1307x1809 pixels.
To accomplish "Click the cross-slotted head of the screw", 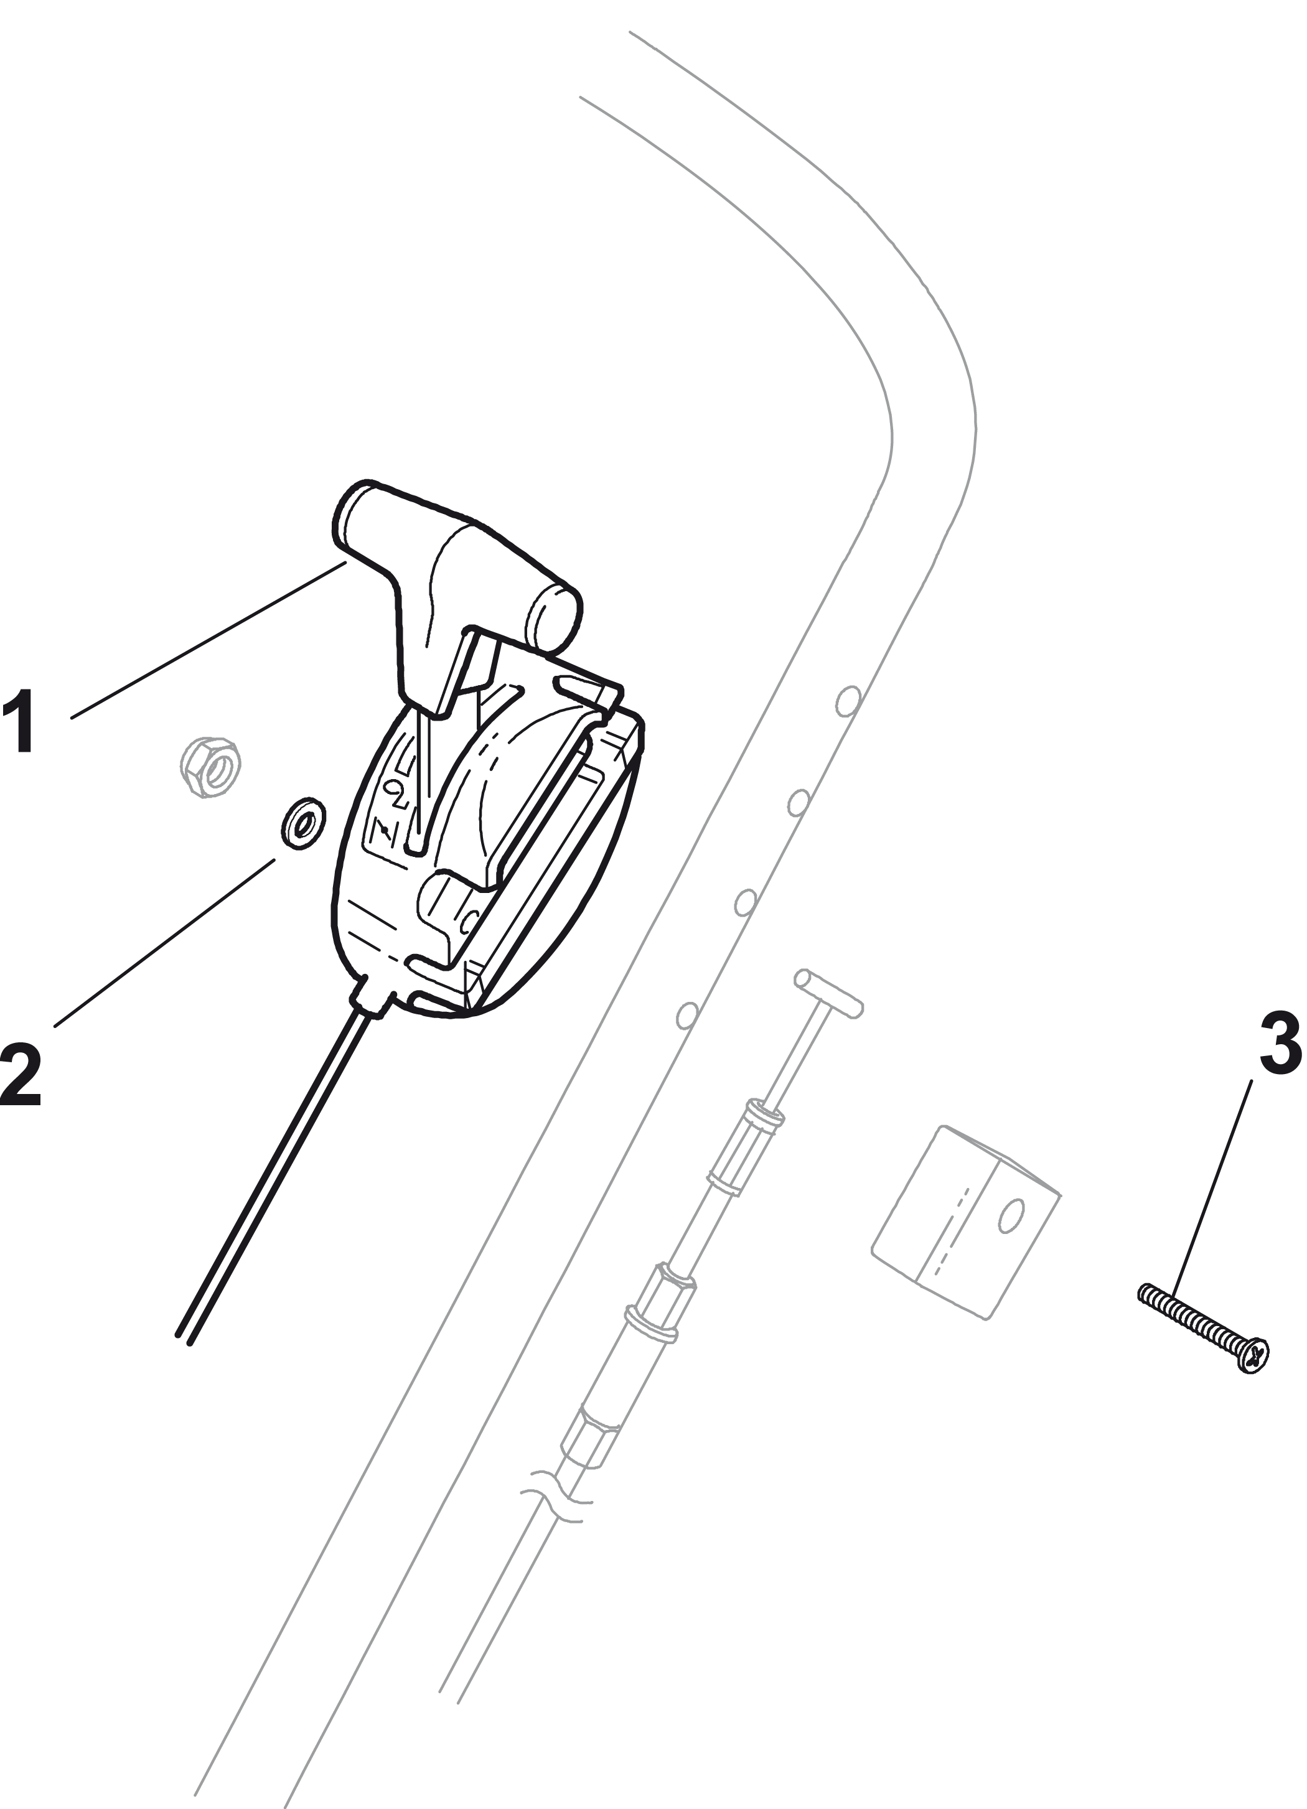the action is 1254,1357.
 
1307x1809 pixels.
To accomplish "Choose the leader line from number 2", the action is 164,943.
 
